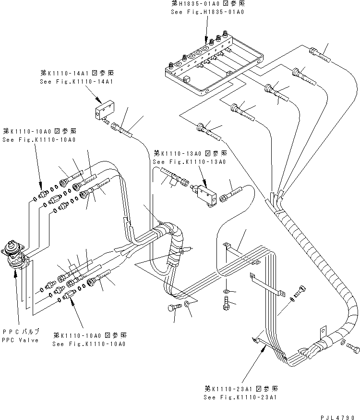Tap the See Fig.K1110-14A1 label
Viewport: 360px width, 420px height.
click(77, 82)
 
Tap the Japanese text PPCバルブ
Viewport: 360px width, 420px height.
click(21, 332)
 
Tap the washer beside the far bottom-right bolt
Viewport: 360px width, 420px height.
click(341, 343)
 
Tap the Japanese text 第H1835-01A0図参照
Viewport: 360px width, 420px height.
click(207, 3)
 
